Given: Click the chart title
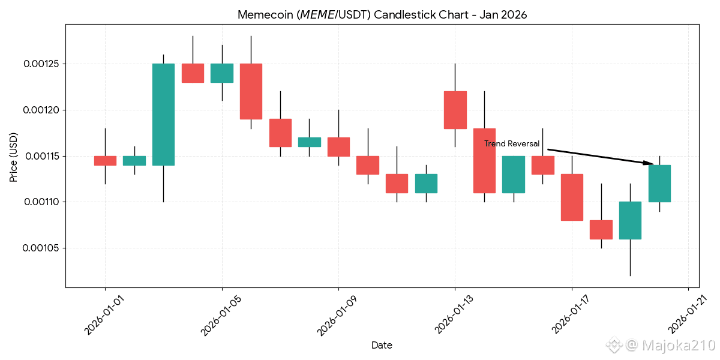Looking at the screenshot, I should click(x=382, y=15).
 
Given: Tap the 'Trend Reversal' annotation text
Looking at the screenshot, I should click(x=512, y=144).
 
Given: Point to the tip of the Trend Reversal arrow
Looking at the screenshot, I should click(x=653, y=164).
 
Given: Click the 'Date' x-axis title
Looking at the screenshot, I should click(x=382, y=345).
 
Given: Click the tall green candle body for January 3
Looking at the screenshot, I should click(x=163, y=114).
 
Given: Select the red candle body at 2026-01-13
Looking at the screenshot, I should click(x=455, y=110).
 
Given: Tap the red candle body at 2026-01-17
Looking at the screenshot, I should click(x=572, y=197).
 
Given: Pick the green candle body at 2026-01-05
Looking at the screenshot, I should click(x=222, y=73).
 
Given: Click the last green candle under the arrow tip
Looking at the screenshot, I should click(x=659, y=183).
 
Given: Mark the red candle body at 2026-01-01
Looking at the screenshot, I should click(x=105, y=161).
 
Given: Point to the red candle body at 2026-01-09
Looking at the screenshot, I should click(x=338, y=147).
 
